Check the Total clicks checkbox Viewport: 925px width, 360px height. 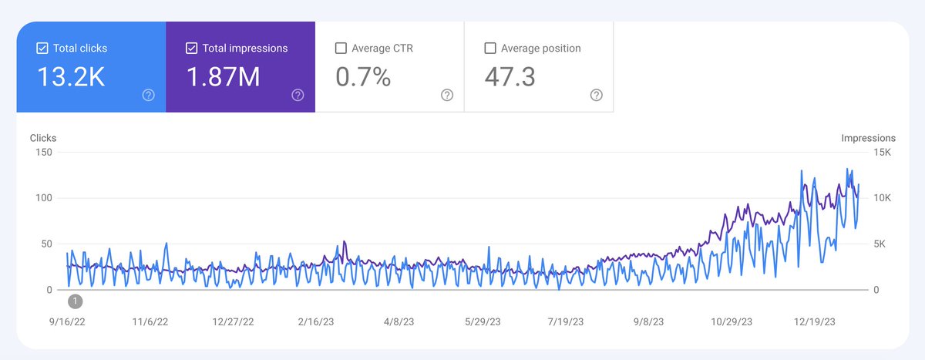click(42, 49)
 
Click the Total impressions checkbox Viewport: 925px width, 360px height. click(192, 49)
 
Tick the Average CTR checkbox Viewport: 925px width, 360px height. click(341, 49)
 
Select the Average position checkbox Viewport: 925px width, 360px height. click(490, 49)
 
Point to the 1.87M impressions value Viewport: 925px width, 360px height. click(224, 77)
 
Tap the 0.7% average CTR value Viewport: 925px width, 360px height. click(363, 77)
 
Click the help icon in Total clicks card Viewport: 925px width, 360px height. click(148, 96)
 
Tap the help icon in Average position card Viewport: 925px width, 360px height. click(596, 96)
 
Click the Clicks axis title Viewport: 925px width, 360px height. click(43, 138)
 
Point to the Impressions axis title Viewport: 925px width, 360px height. click(868, 138)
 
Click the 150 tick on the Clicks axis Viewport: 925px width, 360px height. click(43, 152)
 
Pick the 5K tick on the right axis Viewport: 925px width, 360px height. click(880, 244)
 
